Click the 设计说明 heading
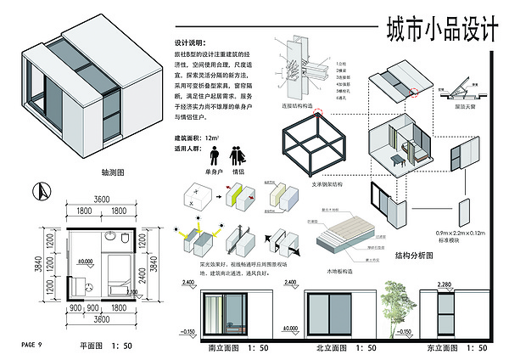[190, 42]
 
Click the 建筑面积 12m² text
[196, 137]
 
